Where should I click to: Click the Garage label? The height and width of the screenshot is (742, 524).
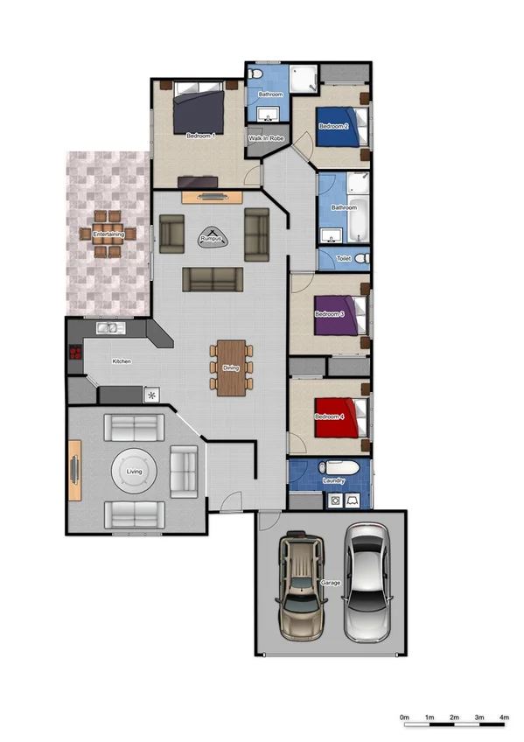331,583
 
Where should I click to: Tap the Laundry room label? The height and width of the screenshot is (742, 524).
333,480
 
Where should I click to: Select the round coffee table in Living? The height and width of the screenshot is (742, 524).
135,472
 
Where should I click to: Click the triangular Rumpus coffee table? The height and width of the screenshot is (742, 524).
211,236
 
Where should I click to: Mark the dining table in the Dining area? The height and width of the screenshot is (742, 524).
231,367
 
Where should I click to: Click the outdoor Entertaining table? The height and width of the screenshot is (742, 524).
108,234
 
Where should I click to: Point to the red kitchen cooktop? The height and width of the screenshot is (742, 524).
75,353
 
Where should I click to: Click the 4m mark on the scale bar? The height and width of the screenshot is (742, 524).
504,717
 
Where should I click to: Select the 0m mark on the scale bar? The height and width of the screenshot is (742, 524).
404,717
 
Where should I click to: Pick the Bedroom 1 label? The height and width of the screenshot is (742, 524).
200,136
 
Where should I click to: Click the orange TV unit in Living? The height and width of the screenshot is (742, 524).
75,471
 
